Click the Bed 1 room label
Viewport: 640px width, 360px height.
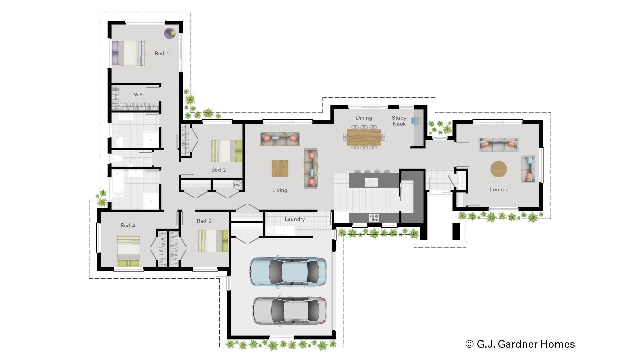(x=162, y=53)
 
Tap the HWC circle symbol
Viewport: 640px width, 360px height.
(x=237, y=185)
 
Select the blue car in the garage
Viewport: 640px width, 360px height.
(x=288, y=271)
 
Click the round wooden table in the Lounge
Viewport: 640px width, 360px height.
(x=499, y=169)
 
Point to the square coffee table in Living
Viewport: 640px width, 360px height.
(x=280, y=168)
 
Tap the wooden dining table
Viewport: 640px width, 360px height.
(x=364, y=137)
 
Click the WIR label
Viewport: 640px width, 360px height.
(x=138, y=95)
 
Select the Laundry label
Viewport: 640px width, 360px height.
(x=295, y=219)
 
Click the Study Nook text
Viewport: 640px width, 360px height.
(x=399, y=121)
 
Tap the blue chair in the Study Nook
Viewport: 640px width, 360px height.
(x=416, y=120)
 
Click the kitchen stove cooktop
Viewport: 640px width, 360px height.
(x=374, y=218)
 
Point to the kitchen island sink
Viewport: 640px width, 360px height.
(x=371, y=182)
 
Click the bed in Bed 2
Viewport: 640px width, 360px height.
(x=226, y=151)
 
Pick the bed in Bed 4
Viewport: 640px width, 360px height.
(x=128, y=251)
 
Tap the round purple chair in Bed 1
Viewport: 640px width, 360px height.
(x=170, y=33)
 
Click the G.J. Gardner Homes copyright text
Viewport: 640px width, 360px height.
(x=520, y=344)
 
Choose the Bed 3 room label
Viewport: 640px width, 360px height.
(x=204, y=221)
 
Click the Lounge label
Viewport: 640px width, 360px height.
(x=499, y=189)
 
